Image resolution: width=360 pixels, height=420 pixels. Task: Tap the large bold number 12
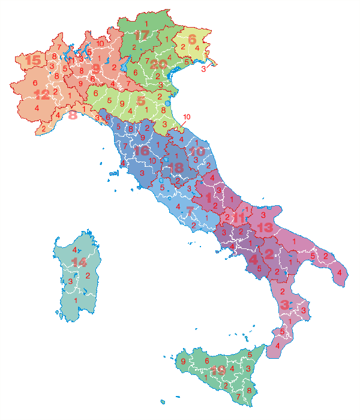click(x=42, y=94)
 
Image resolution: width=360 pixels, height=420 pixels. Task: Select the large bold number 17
click(x=141, y=35)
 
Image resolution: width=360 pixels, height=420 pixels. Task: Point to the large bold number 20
click(x=158, y=64)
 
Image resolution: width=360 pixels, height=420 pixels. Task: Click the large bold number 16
click(x=141, y=151)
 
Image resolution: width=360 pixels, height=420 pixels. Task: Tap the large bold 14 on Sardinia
click(x=79, y=262)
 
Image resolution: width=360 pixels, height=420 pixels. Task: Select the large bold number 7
click(x=190, y=211)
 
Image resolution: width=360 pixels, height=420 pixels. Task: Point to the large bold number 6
click(x=192, y=40)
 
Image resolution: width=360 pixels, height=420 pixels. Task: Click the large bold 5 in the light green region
click(x=141, y=100)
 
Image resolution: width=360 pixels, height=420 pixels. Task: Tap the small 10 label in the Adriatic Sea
click(x=186, y=116)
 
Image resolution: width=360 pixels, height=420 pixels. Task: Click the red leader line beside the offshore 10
click(x=181, y=125)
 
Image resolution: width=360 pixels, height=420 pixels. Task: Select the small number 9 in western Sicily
click(x=182, y=362)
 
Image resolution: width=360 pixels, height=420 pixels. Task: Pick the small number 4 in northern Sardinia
click(x=74, y=250)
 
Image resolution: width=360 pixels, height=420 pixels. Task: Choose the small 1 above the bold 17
click(x=146, y=23)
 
